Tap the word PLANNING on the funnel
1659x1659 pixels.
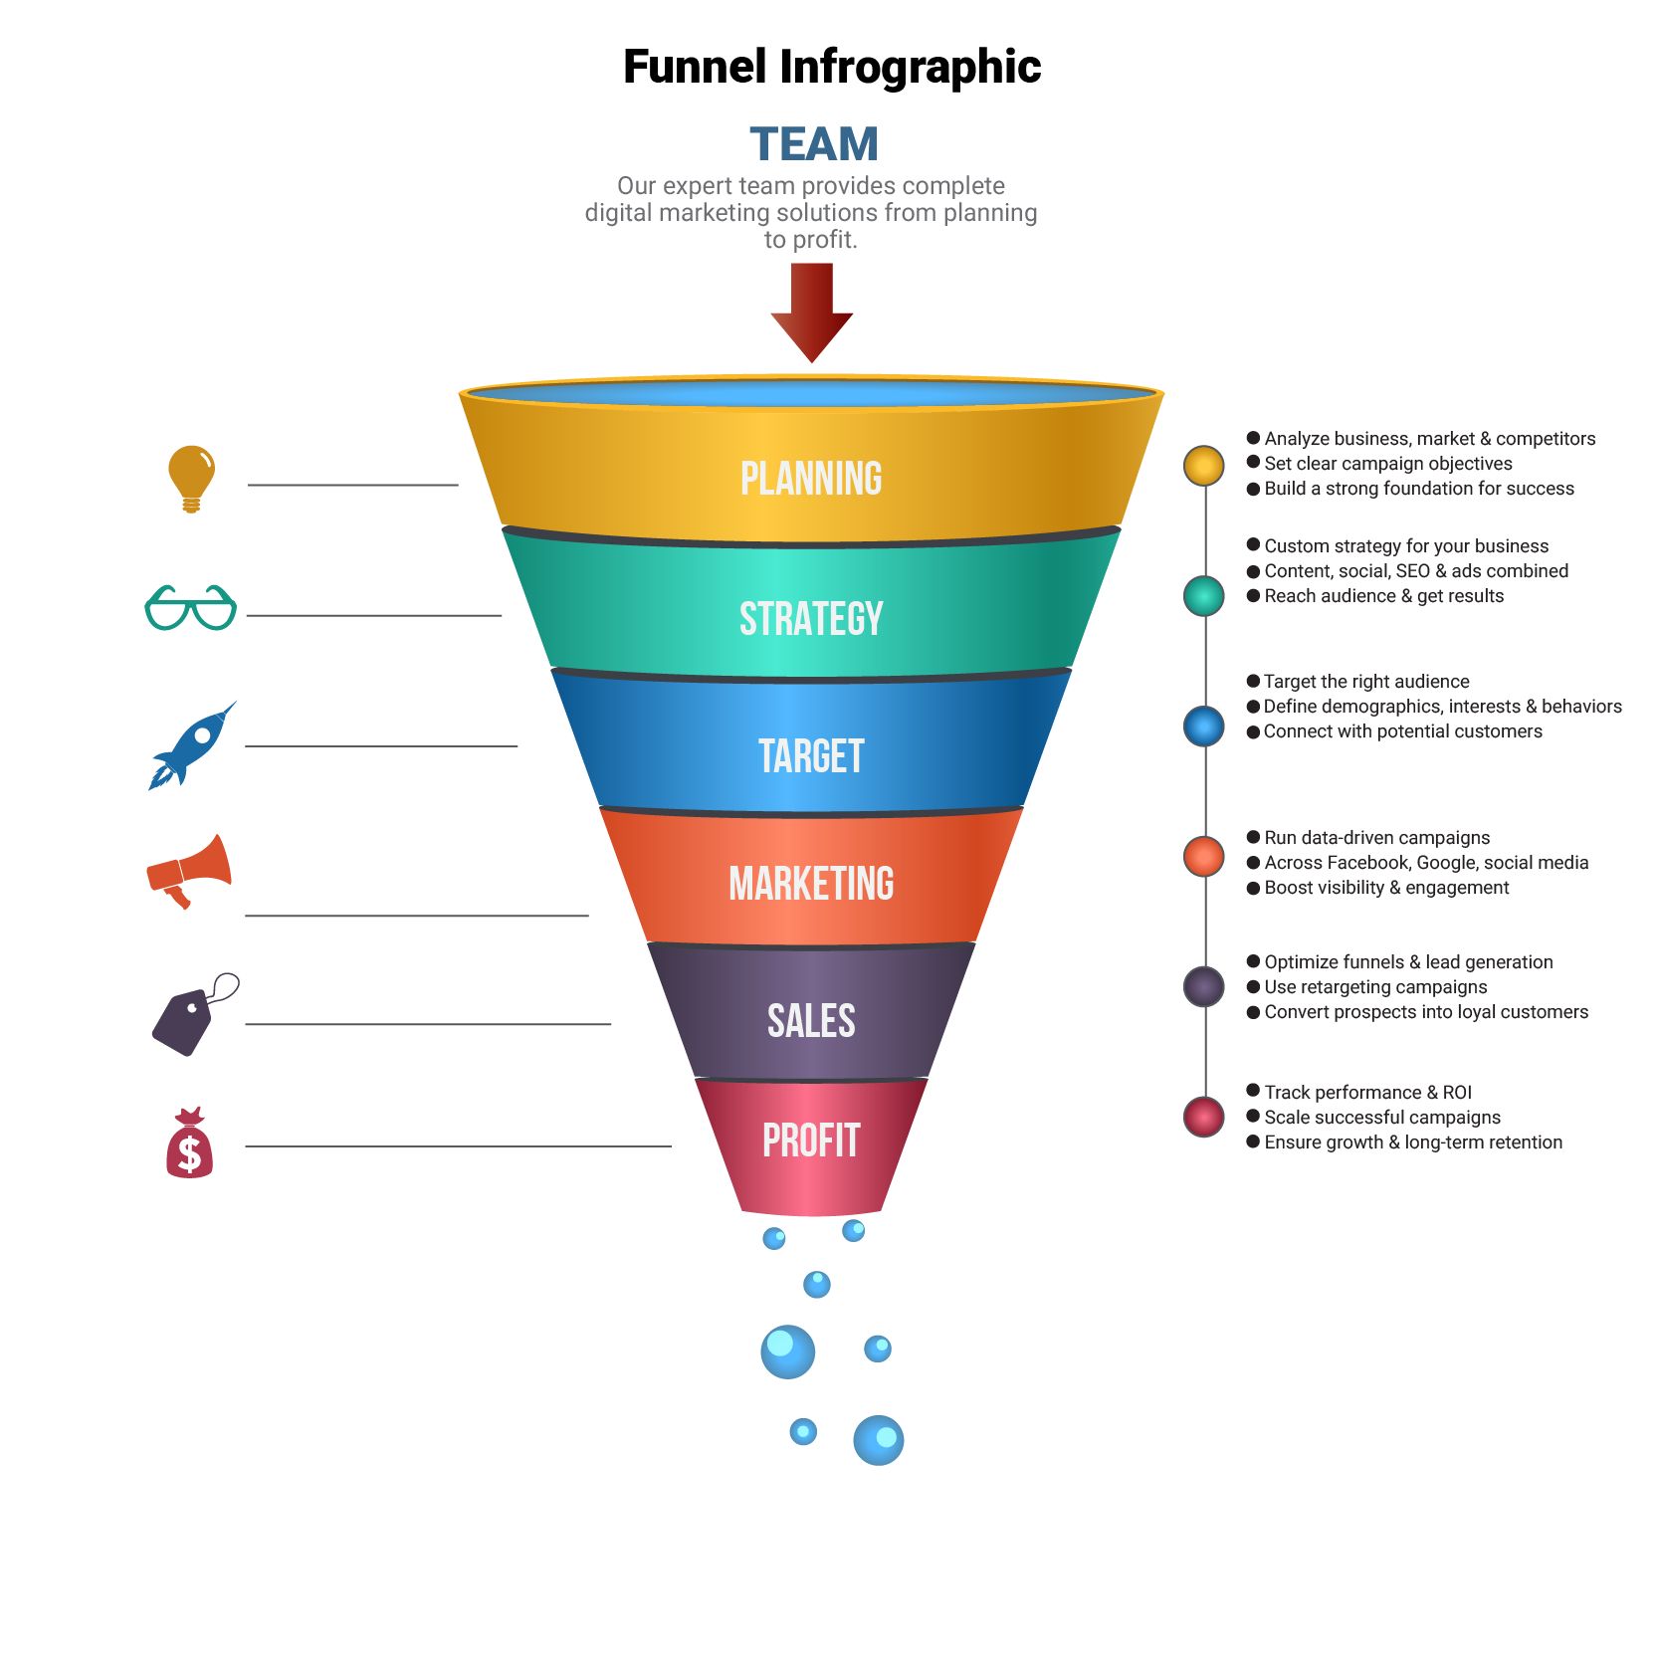(811, 479)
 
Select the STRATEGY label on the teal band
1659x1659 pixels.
(811, 619)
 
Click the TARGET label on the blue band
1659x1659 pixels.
(811, 756)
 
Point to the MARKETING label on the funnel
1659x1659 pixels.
(811, 884)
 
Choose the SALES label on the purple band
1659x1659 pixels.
(811, 1021)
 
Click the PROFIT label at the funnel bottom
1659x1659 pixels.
(811, 1141)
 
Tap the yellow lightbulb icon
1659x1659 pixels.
(191, 477)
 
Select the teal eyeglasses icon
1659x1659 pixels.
(190, 607)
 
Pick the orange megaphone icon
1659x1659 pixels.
(189, 870)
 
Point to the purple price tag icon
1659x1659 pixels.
(191, 1015)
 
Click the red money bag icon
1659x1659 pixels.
(189, 1144)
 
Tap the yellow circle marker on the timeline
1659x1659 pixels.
(1204, 465)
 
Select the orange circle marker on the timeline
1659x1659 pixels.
(1204, 856)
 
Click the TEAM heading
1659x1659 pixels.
(813, 144)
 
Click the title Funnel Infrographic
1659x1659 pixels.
(831, 67)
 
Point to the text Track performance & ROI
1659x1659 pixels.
(1367, 1092)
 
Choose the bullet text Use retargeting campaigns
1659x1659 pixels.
(1375, 986)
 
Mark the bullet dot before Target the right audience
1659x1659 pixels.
(1253, 681)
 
